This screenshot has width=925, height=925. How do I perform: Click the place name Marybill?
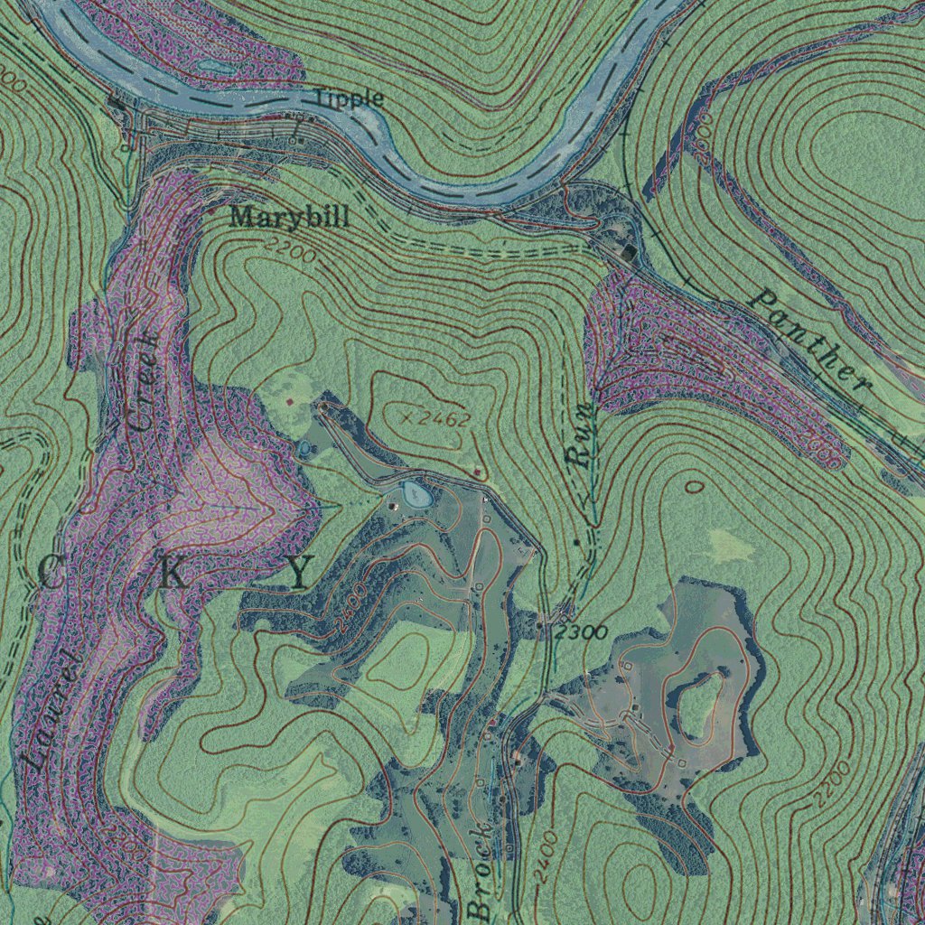click(x=288, y=217)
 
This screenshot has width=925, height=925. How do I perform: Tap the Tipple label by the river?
click(x=349, y=98)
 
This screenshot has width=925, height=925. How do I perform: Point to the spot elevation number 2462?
click(x=444, y=418)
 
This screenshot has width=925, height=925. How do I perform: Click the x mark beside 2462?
click(x=406, y=418)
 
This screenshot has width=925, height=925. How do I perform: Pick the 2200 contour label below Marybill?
click(x=291, y=250)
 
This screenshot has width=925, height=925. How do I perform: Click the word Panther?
click(x=811, y=340)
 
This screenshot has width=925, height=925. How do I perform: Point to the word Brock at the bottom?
click(x=481, y=869)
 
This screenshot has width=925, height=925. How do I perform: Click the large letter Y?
click(x=301, y=571)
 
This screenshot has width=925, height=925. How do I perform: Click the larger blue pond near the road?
click(x=416, y=492)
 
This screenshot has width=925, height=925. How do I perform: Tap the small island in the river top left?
click(x=214, y=67)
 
